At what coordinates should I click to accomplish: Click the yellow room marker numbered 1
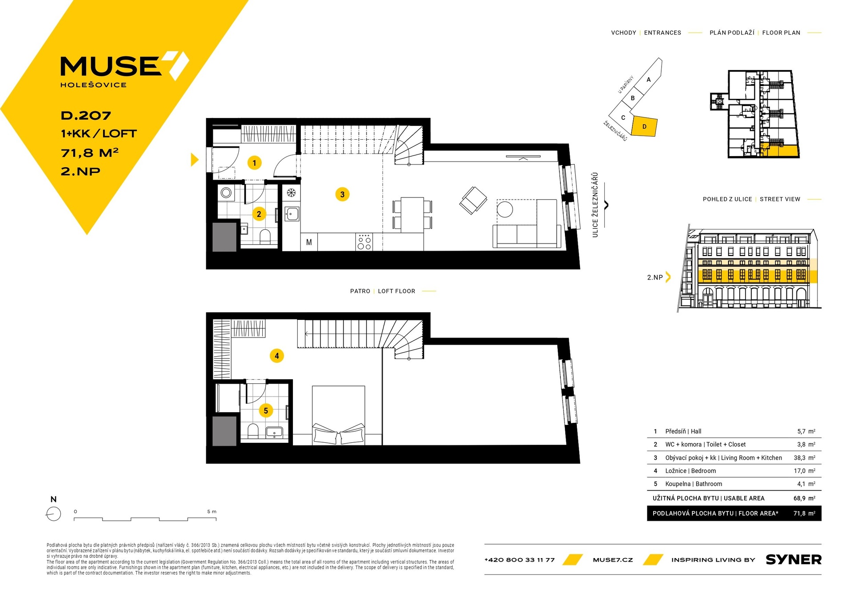pyautogui.click(x=254, y=163)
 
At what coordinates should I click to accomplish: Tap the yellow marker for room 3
pyautogui.click(x=342, y=194)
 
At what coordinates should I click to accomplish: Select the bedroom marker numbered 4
pyautogui.click(x=276, y=356)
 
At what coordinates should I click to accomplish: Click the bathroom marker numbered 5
pyautogui.click(x=266, y=411)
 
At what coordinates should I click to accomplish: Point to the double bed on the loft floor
pyautogui.click(x=339, y=415)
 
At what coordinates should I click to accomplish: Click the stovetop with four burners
pyautogui.click(x=364, y=242)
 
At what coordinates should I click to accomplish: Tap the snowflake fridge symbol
pyautogui.click(x=291, y=193)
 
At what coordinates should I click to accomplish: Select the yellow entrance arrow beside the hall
pyautogui.click(x=194, y=160)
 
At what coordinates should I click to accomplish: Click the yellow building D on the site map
pyautogui.click(x=644, y=126)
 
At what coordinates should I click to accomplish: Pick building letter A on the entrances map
pyautogui.click(x=648, y=80)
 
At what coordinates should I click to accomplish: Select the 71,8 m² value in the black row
pyautogui.click(x=805, y=513)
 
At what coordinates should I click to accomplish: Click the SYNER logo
pyautogui.click(x=793, y=560)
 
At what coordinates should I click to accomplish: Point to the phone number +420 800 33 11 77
pyautogui.click(x=520, y=560)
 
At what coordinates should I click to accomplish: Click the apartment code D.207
pyautogui.click(x=86, y=116)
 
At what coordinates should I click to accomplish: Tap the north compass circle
pyautogui.click(x=53, y=514)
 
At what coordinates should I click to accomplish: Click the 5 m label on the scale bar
pyautogui.click(x=212, y=512)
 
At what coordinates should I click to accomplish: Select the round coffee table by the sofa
pyautogui.click(x=505, y=209)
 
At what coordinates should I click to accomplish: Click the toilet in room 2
pyautogui.click(x=265, y=236)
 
